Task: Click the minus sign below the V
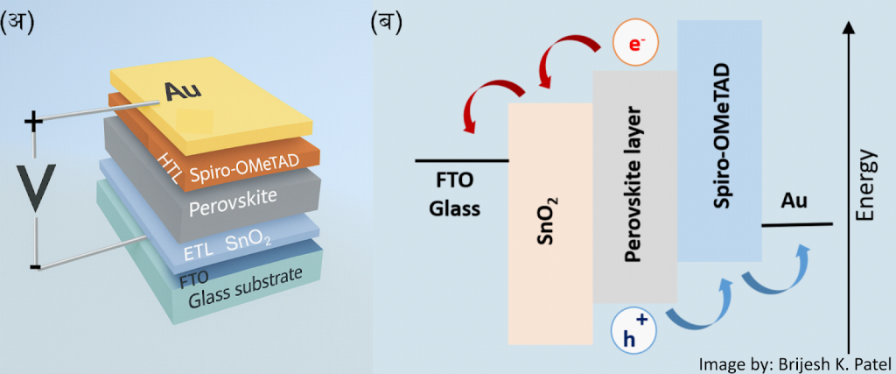(34, 265)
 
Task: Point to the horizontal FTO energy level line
(461, 160)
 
